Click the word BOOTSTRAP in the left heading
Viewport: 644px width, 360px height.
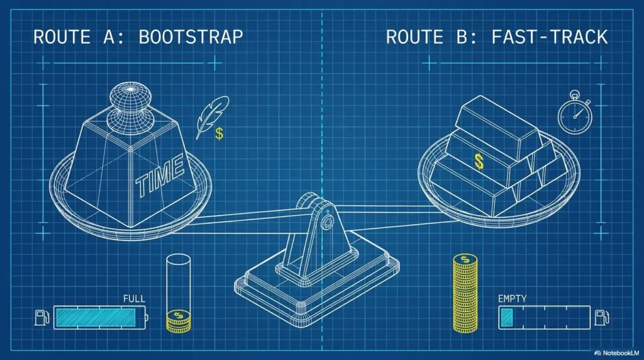click(x=191, y=37)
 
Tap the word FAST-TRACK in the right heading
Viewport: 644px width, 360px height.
click(x=549, y=37)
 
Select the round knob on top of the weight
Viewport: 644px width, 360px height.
click(x=130, y=105)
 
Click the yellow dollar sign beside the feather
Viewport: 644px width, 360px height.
click(x=219, y=133)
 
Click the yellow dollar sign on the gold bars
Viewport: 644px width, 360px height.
click(x=479, y=162)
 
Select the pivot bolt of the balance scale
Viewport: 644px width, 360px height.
click(x=327, y=223)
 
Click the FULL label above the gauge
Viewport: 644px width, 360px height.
click(x=135, y=299)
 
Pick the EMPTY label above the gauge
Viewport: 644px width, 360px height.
click(x=512, y=299)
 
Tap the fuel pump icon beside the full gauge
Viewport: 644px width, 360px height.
click(x=42, y=318)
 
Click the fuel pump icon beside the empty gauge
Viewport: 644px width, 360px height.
click(x=602, y=318)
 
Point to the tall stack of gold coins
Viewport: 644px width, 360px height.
click(x=465, y=293)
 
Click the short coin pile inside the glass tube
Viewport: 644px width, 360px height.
click(x=179, y=321)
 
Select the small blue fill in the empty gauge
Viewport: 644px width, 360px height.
click(x=507, y=318)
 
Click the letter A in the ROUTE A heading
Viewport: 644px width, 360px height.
click(x=110, y=37)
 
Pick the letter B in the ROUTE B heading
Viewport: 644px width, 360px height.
click(x=462, y=37)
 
